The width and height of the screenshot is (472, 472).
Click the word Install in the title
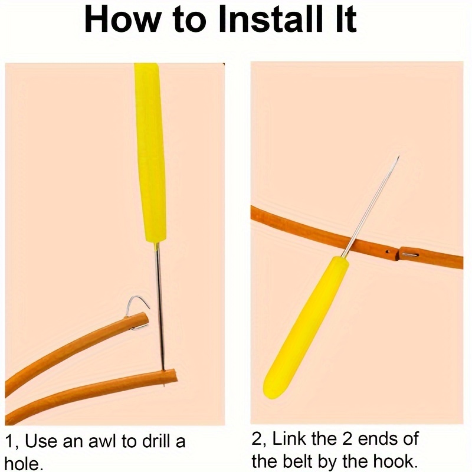coord(270,20)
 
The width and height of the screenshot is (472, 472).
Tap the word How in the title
coord(123,20)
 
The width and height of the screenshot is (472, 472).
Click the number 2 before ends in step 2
coord(347,439)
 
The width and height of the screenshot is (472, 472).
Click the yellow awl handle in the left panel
coord(150,153)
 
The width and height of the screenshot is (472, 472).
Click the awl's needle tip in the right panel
coord(398,157)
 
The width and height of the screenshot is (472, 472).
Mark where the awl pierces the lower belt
coord(163,371)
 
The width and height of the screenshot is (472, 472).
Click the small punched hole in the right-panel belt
coord(388,252)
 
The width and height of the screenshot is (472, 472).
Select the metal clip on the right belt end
coord(410,255)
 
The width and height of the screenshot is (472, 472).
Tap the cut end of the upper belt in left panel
coord(145,319)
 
